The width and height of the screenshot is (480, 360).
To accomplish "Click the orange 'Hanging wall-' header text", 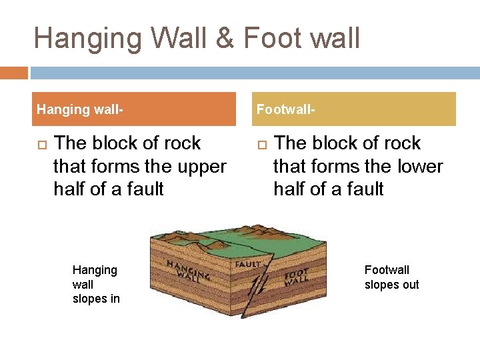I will click(x=80, y=109).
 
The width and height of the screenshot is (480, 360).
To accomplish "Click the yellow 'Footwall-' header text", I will click(x=286, y=109).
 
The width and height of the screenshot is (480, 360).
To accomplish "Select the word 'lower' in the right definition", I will click(x=419, y=166).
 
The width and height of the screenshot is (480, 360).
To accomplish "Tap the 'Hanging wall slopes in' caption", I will click(x=96, y=284).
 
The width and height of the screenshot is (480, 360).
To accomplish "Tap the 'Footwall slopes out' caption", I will click(x=391, y=277).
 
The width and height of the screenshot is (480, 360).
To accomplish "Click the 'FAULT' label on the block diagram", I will click(x=248, y=263).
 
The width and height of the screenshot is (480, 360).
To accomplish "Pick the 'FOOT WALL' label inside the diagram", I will click(x=296, y=277).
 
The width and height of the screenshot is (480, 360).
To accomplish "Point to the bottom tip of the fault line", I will click(x=242, y=318).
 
